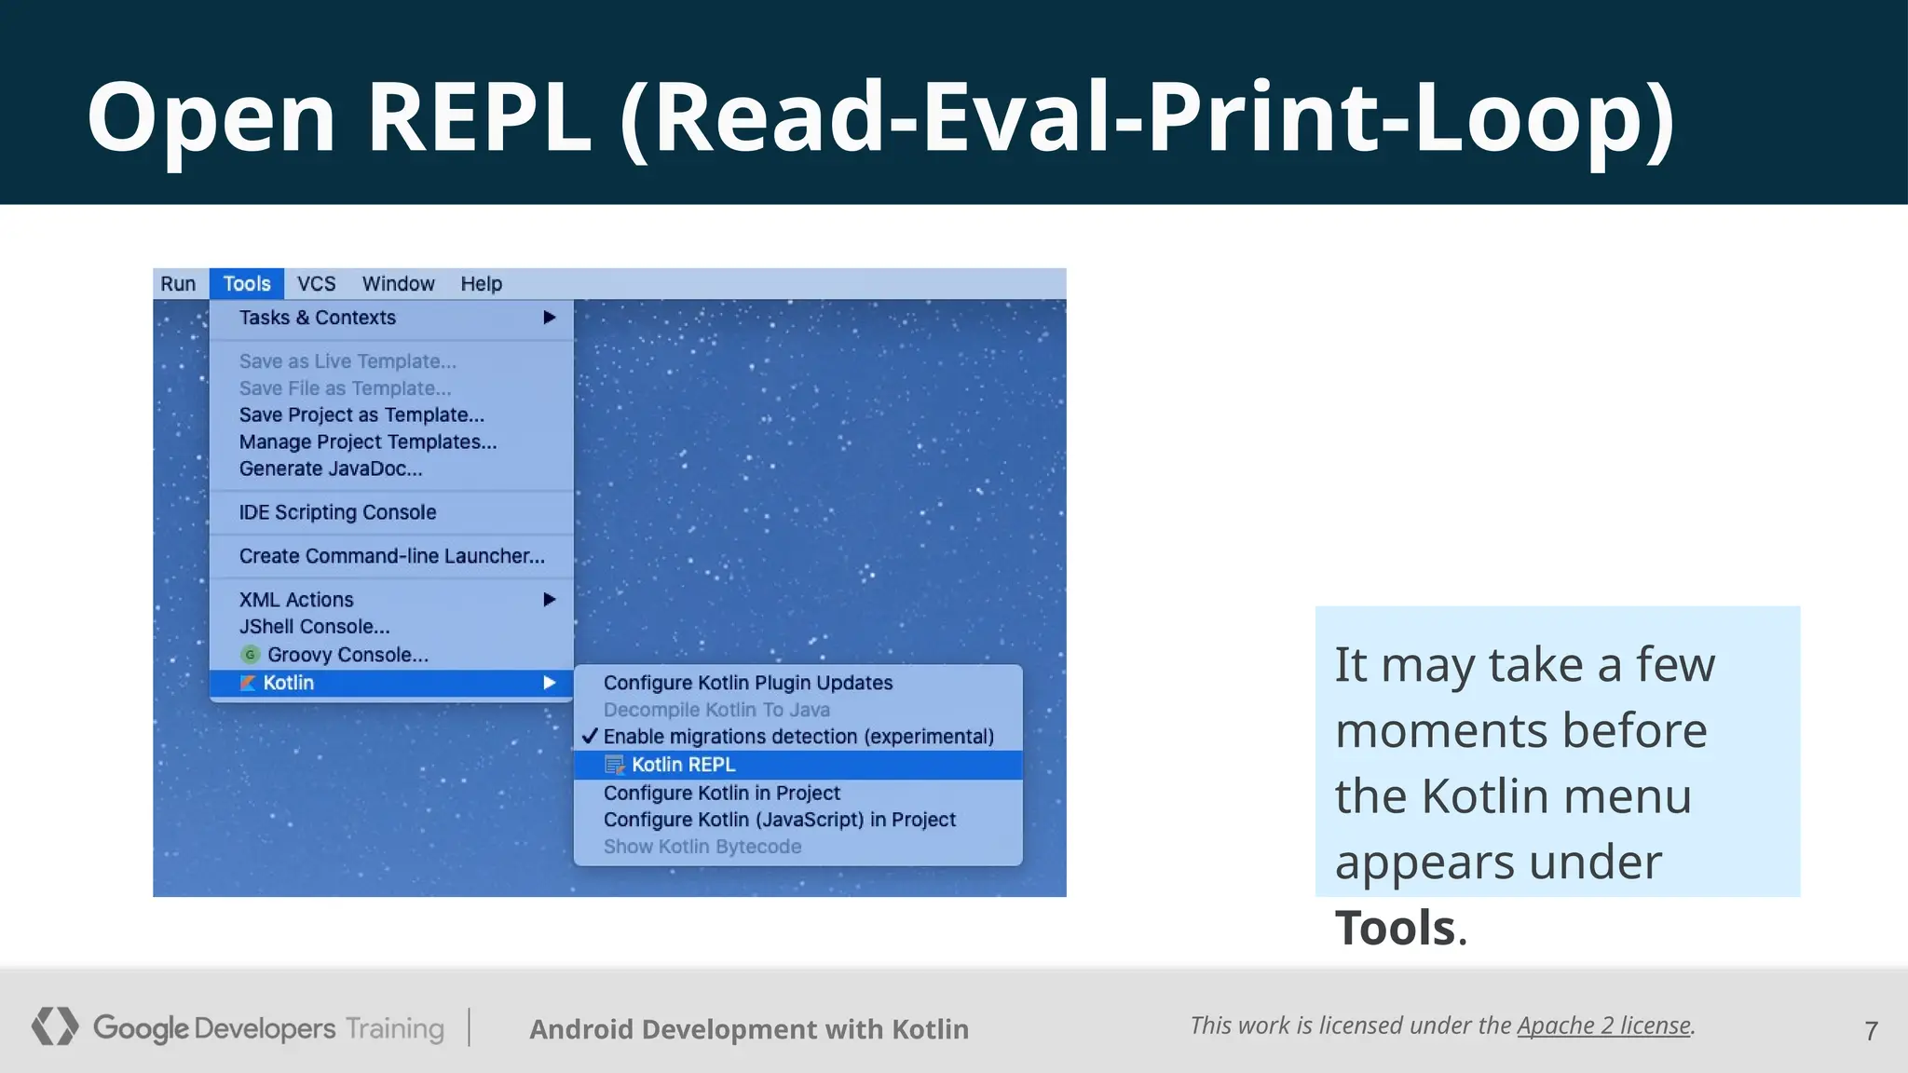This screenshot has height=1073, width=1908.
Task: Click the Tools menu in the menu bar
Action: click(x=247, y=284)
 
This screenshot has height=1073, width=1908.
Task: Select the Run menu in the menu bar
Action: click(x=178, y=284)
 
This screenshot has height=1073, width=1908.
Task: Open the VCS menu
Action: click(x=316, y=284)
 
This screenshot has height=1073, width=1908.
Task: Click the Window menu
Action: click(x=398, y=284)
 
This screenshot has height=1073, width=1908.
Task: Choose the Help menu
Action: click(x=481, y=284)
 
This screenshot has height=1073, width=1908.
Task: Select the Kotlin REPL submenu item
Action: click(x=683, y=765)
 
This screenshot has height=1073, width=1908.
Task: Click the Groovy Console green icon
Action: click(x=250, y=655)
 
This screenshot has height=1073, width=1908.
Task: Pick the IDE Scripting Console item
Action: click(x=337, y=512)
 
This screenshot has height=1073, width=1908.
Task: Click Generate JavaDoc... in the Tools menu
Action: click(x=331, y=469)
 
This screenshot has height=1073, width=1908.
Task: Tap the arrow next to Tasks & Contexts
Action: click(x=550, y=318)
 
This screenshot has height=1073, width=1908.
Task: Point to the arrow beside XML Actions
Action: click(x=550, y=600)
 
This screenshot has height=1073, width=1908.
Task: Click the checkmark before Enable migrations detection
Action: click(x=589, y=736)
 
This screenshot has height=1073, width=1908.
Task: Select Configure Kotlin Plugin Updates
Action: click(x=748, y=683)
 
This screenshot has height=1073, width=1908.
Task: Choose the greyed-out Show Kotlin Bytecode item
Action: click(x=702, y=847)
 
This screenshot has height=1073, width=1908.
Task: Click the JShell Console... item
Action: click(x=314, y=627)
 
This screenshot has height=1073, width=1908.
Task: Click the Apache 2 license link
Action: click(x=1603, y=1025)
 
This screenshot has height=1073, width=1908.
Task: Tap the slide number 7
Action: click(x=1871, y=1031)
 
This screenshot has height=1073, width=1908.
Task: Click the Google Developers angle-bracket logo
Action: click(x=55, y=1026)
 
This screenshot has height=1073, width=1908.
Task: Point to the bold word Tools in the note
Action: click(x=1395, y=928)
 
